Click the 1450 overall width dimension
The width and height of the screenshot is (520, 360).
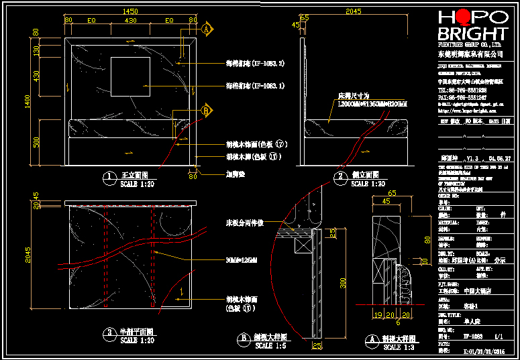point(131,11)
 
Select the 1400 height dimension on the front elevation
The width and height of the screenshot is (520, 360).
point(28,101)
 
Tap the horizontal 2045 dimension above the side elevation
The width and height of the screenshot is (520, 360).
point(352,11)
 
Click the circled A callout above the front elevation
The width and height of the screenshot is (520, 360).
point(207,29)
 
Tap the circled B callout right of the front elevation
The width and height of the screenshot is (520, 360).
point(207,110)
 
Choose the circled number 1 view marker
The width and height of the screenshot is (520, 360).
point(108,178)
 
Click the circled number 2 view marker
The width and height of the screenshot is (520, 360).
point(340,178)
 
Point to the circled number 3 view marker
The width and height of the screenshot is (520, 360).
point(108,333)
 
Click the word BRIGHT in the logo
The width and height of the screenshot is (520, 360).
point(472,34)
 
